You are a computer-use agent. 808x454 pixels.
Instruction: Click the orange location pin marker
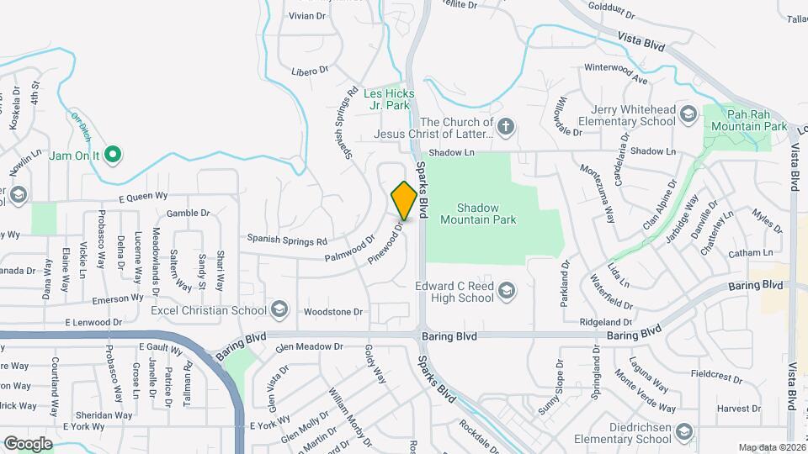pos(404,201)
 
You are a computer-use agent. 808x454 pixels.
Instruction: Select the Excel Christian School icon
pos(279,310)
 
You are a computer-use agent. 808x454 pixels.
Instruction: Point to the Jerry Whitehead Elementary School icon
pos(688,115)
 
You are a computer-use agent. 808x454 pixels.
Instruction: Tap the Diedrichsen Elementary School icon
pos(683,432)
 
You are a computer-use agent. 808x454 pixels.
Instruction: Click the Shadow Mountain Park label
pos(486,214)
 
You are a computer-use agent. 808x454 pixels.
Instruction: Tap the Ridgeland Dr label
pos(606,322)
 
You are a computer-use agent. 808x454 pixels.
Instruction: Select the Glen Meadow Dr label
pos(310,346)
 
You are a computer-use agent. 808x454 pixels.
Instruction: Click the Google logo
pos(28,443)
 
